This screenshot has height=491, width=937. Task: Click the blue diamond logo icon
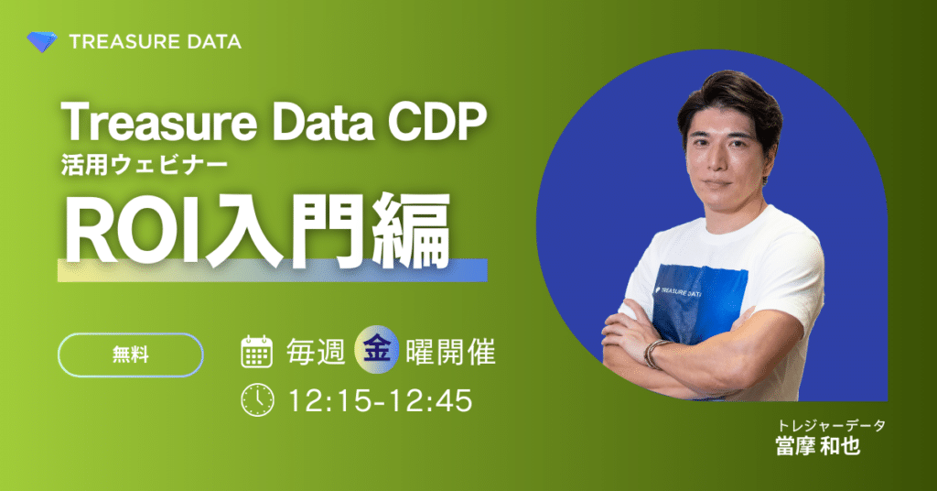click(x=42, y=41)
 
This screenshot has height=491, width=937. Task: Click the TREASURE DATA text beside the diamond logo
click(x=155, y=41)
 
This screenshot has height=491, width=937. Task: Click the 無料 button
click(x=130, y=355)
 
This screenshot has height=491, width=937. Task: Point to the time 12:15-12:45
click(x=380, y=400)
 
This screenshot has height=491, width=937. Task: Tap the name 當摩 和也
click(x=817, y=448)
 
